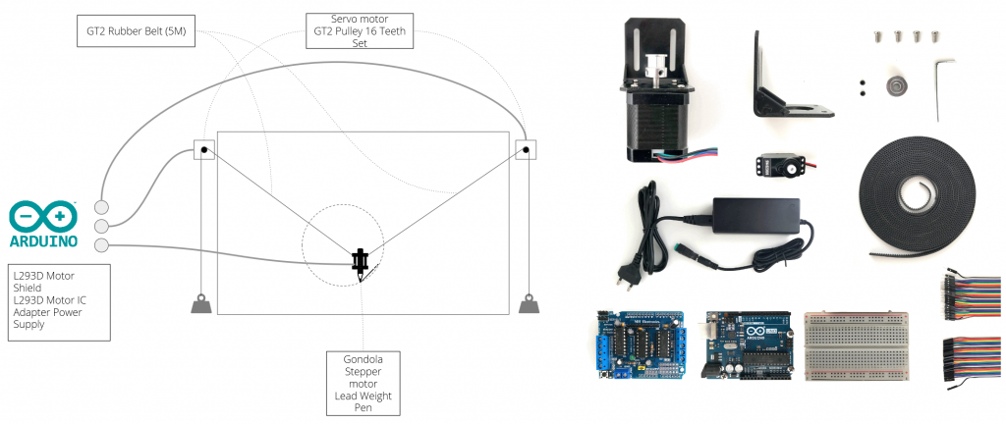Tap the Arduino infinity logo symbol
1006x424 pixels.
pyautogui.click(x=43, y=217)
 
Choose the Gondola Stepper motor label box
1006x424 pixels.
pyautogui.click(x=363, y=382)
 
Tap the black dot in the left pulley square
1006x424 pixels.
pyautogui.click(x=203, y=150)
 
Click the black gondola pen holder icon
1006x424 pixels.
pyautogui.click(x=362, y=261)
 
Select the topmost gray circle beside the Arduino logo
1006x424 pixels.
pyautogui.click(x=101, y=207)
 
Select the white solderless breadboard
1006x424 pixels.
pyautogui.click(x=856, y=344)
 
